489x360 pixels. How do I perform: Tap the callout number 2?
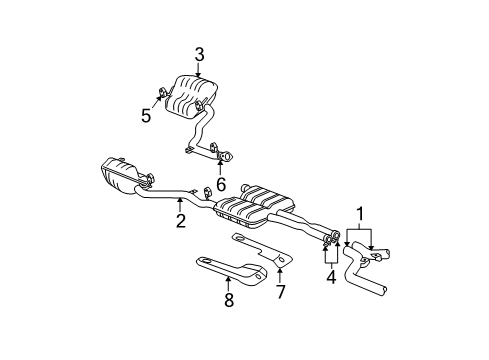tap(181, 221)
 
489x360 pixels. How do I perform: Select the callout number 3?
tap(199, 56)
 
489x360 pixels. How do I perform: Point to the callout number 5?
tap(145, 115)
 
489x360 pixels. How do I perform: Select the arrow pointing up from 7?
tap(281, 275)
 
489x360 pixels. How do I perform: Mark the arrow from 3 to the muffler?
tap(199, 70)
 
